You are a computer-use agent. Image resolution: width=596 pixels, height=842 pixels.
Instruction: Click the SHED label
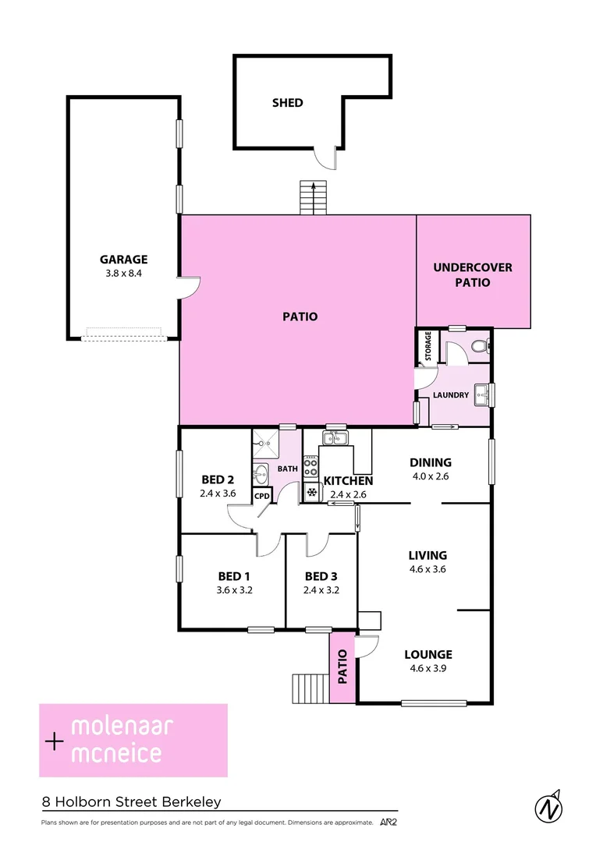pos(287,102)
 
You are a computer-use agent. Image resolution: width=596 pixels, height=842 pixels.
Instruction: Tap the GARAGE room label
pos(123,260)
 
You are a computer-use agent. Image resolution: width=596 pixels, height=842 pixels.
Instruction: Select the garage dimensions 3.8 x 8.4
pos(123,274)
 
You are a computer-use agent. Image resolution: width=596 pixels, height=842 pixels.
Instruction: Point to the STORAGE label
pos(427,347)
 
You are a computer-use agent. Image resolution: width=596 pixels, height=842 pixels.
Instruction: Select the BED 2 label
pos(218,479)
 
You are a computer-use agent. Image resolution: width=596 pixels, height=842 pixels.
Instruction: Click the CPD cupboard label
pos(261,495)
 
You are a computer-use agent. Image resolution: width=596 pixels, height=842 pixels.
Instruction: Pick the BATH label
pos(287,469)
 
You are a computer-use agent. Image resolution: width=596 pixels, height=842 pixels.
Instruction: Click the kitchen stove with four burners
pos(310,466)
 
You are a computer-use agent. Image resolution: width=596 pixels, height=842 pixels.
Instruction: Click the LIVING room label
pos(427,555)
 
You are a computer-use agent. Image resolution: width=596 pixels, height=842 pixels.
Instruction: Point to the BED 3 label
pos(321,576)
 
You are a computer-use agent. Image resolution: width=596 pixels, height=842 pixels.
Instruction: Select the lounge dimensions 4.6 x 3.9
pos(427,667)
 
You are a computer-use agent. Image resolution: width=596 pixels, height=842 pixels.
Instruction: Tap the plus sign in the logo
pos(54,741)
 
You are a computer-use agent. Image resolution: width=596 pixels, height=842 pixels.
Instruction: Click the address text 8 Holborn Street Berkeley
pos(132,802)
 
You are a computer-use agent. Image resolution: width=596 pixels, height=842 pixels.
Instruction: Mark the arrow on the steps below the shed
pos(314,188)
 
